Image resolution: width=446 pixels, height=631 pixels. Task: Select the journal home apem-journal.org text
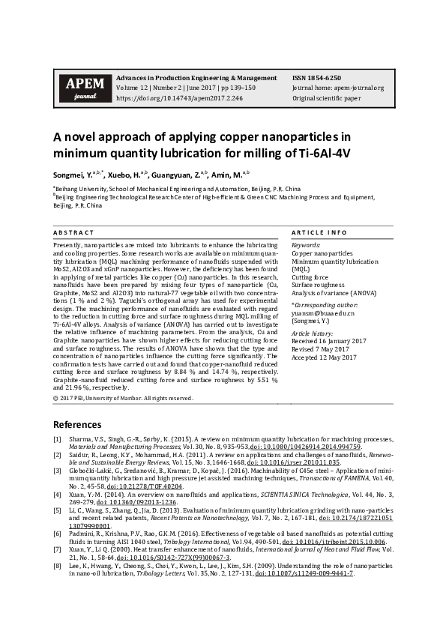click(x=338, y=88)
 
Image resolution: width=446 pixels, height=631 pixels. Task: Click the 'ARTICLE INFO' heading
click(x=319, y=233)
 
